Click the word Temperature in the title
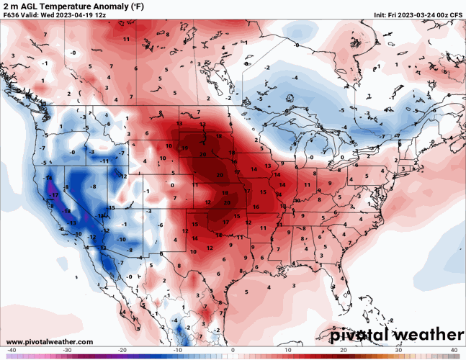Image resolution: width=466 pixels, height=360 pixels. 74,6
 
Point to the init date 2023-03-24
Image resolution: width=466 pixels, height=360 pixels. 416,15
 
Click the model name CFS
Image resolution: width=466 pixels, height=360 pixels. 457,15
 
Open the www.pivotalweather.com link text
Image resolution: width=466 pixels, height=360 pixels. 49,341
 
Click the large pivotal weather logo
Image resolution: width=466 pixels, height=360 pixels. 396,335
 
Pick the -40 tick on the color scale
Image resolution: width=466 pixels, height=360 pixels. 12,351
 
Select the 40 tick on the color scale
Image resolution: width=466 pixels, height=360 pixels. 454,351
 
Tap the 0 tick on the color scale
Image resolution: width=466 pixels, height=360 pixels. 233,351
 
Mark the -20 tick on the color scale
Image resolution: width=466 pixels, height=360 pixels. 122,351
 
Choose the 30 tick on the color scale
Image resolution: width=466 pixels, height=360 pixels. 398,351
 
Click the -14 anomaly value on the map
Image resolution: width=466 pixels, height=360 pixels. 48,177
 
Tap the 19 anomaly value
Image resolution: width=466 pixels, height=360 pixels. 184,148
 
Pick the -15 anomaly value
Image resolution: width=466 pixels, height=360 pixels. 112,208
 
